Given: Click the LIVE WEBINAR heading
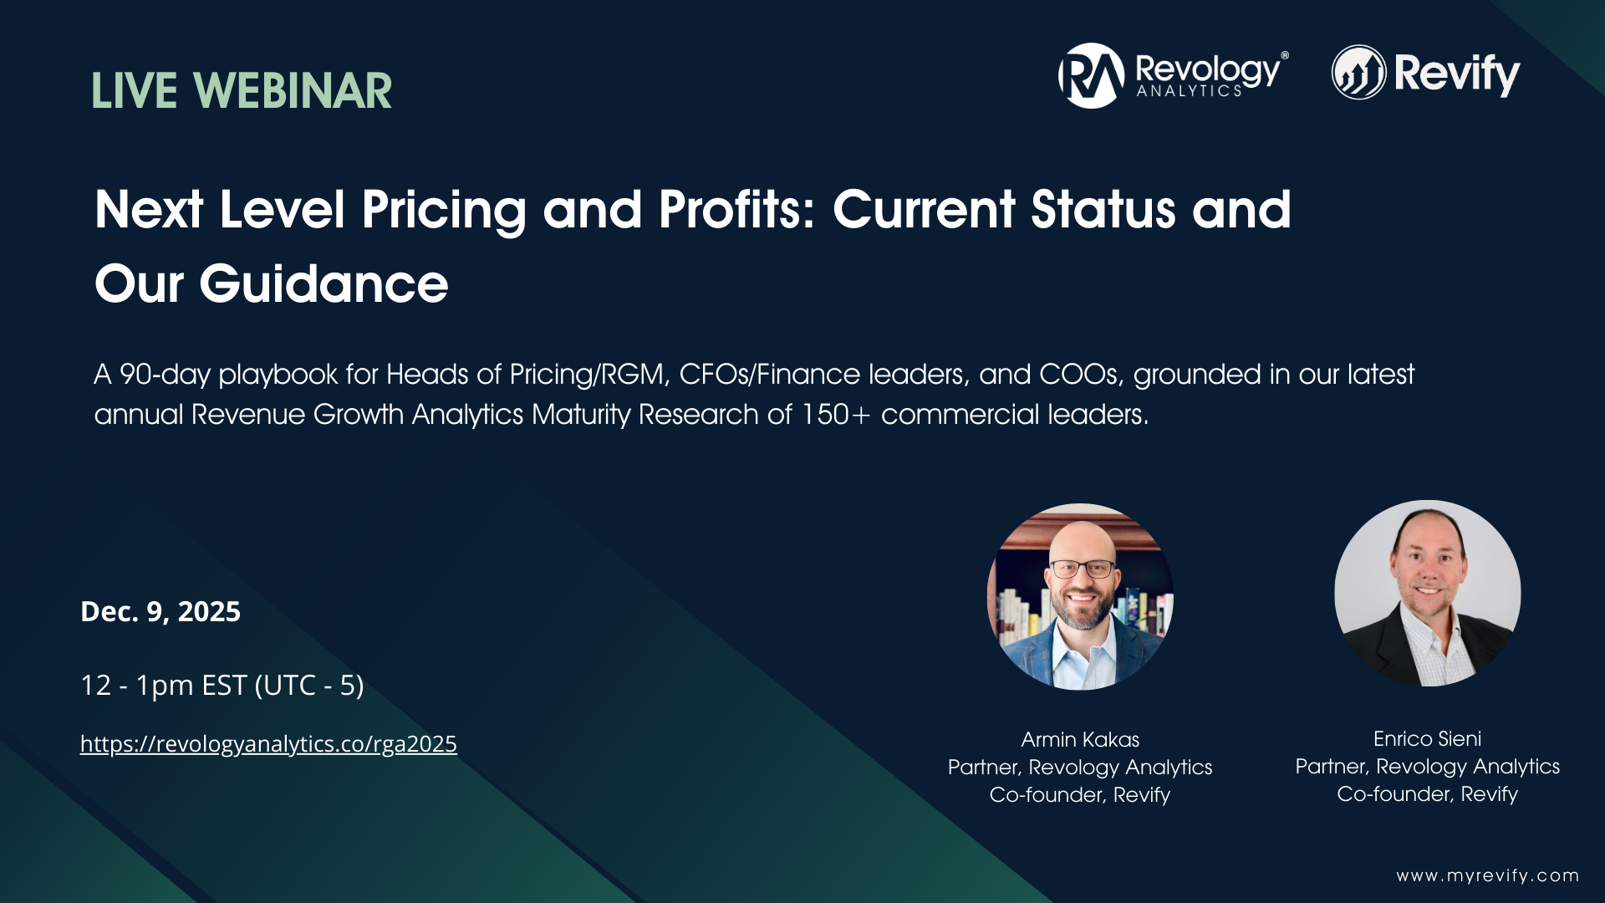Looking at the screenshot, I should click(x=242, y=91).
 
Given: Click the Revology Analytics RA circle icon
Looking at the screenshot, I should click(x=1091, y=76).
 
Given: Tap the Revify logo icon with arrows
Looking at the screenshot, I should click(x=1358, y=73).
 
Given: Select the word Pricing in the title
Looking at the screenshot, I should click(x=444, y=210).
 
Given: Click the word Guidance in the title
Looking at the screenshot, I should click(x=324, y=284).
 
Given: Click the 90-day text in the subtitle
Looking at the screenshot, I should click(x=165, y=375).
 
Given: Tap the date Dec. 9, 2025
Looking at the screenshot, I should click(x=160, y=612).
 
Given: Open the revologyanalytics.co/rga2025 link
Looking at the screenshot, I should click(x=268, y=744).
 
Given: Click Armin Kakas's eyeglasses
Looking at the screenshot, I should click(x=1082, y=569).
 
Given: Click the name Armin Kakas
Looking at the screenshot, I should click(x=1080, y=740).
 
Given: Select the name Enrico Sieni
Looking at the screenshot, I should click(x=1427, y=739).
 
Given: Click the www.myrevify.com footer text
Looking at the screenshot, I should click(x=1487, y=875).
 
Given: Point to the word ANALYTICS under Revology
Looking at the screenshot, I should click(x=1189, y=91).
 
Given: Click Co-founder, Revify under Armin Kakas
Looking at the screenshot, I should click(x=1080, y=795).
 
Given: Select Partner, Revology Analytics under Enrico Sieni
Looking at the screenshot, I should click(x=1427, y=767).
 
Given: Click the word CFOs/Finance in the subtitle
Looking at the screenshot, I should click(x=769, y=375).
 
